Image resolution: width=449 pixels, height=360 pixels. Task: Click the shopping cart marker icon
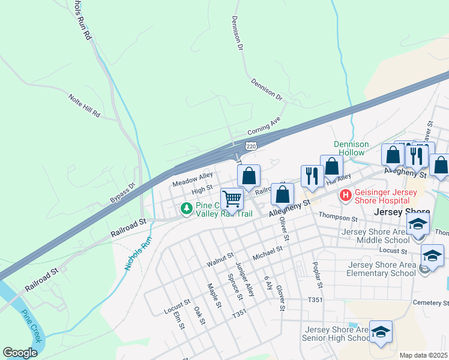(232, 197)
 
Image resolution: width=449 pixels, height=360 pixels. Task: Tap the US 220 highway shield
(252, 146)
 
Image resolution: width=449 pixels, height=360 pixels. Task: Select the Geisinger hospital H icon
(345, 195)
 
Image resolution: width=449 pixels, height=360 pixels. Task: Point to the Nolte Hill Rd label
(84, 106)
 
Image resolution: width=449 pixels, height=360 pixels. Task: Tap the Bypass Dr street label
(124, 191)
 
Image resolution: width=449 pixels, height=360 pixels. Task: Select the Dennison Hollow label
(349, 148)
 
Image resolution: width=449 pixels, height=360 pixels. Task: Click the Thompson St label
(338, 216)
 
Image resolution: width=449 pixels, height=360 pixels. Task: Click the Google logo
(20, 353)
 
